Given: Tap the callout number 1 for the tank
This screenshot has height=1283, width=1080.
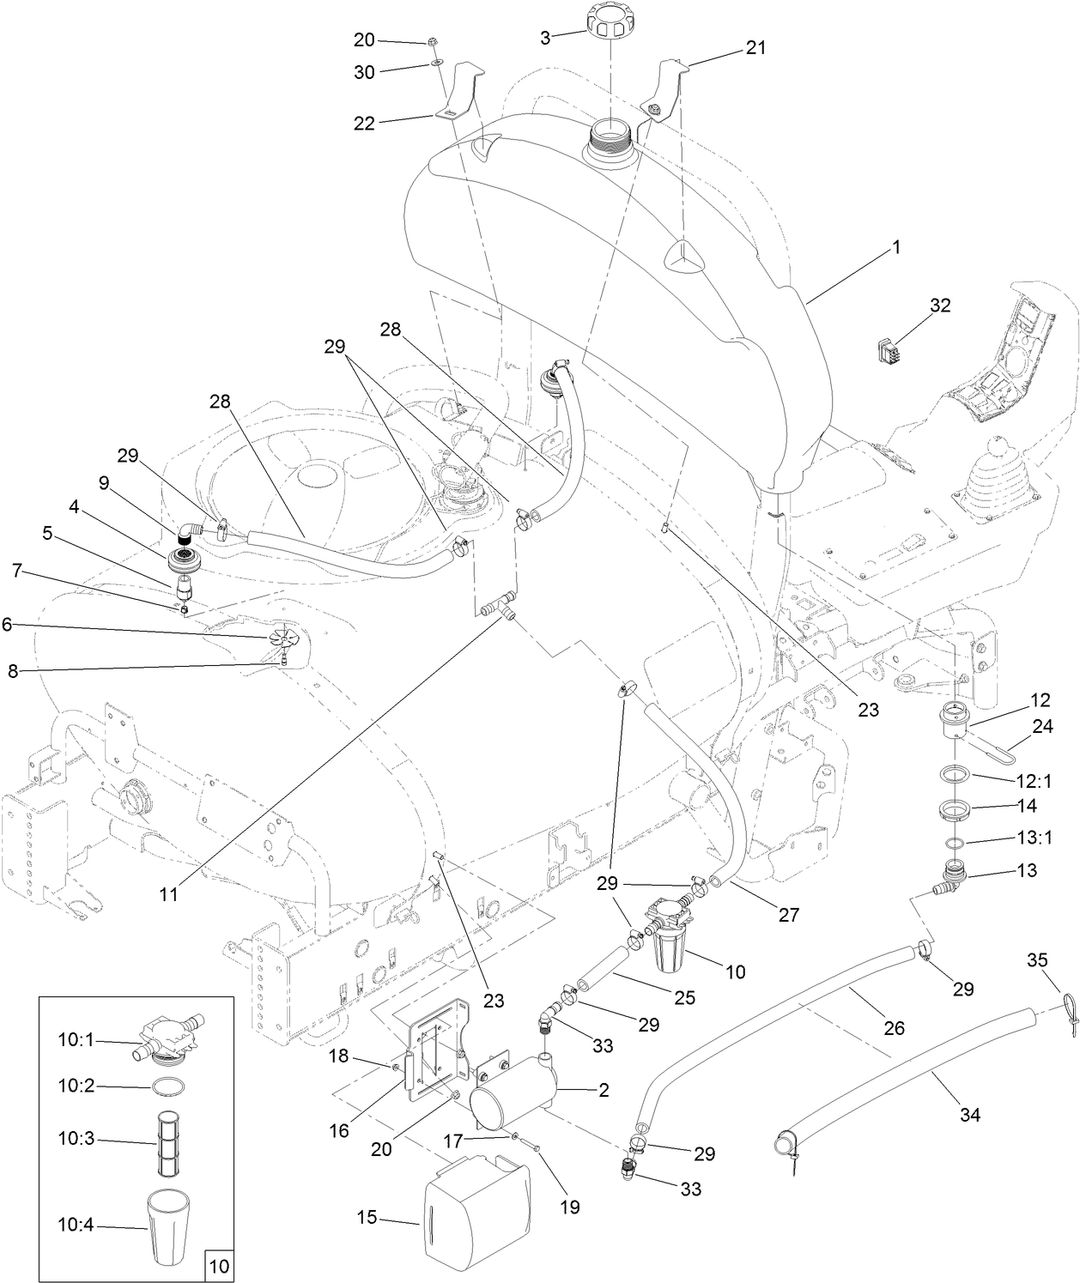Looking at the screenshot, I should [895, 248].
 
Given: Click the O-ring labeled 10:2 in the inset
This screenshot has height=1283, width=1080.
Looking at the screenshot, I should [168, 1086].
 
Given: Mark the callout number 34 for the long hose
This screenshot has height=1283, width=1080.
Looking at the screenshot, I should [969, 1115].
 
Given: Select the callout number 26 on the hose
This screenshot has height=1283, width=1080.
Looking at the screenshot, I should [894, 1027].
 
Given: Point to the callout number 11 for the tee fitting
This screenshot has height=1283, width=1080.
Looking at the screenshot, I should [168, 893].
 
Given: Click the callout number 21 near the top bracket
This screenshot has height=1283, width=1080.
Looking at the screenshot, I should [755, 48].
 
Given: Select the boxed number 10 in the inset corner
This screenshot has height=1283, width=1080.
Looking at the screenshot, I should [219, 1265].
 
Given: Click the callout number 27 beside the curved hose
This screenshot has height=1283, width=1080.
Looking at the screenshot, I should [788, 915].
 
